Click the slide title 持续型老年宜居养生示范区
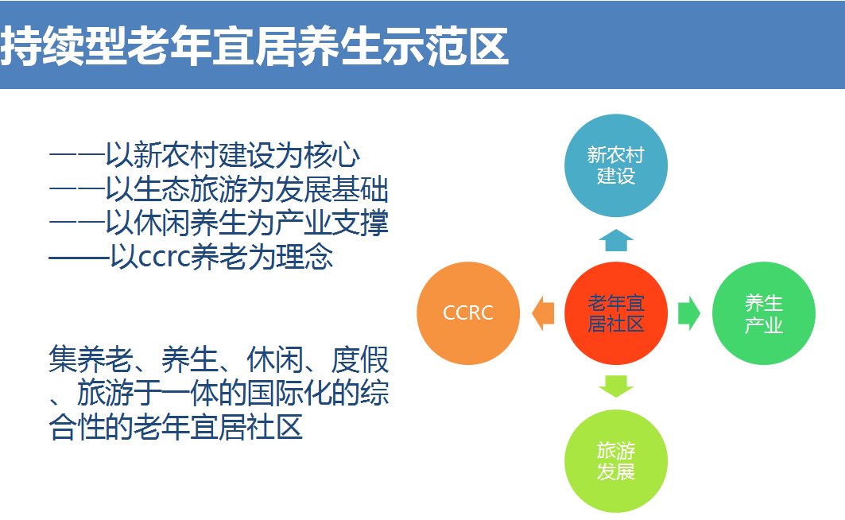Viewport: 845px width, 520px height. click(254, 46)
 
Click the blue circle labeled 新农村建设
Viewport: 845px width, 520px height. click(616, 165)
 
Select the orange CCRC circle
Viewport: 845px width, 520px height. click(468, 313)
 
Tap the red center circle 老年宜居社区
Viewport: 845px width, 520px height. click(616, 313)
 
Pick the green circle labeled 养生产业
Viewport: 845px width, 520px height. click(764, 313)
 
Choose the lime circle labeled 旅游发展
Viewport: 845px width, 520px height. click(616, 460)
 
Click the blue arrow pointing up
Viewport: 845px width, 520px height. click(616, 240)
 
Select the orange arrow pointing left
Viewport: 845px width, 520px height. click(543, 313)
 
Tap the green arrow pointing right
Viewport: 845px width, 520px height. click(689, 313)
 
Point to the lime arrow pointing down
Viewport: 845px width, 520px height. click(616, 386)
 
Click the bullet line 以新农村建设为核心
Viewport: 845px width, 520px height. click(232, 155)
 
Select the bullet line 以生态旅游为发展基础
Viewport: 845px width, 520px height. click(246, 189)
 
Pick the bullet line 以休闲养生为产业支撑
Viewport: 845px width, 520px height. click(246, 223)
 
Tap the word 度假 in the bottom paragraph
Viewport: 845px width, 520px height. click(360, 359)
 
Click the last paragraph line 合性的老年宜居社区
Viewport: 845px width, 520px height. click(176, 427)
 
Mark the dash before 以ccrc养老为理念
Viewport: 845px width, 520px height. click(79, 258)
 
